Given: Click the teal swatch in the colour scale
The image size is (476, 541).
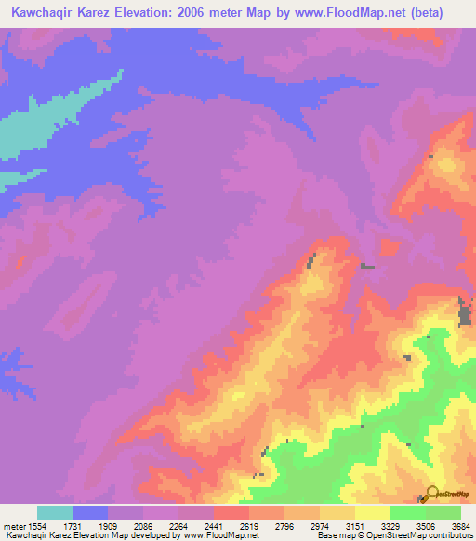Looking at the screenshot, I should tap(55, 512).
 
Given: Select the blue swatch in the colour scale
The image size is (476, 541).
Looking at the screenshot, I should tap(90, 512).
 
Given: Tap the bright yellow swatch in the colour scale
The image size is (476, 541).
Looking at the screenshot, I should tap(373, 512).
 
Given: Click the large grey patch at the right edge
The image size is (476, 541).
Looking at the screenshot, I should tap(465, 313).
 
